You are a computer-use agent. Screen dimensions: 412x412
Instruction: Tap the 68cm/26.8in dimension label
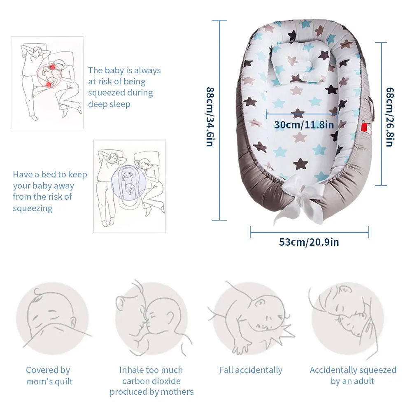coord(389,116)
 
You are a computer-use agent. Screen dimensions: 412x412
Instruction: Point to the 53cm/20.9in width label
coord(309,242)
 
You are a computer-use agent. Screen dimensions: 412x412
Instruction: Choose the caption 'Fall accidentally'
coord(251,370)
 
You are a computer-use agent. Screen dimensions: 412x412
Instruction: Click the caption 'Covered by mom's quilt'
coord(48,376)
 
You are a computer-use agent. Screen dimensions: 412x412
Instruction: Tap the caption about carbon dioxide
coord(151,381)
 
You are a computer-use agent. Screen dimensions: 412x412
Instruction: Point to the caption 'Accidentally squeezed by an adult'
coord(353,375)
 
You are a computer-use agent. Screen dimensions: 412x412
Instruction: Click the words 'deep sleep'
coord(109,104)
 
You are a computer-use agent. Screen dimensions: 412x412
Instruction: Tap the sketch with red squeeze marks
coord(47,82)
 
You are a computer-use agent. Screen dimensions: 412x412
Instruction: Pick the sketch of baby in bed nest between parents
coord(130,186)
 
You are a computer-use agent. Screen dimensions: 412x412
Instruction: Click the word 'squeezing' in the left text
coord(33,208)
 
